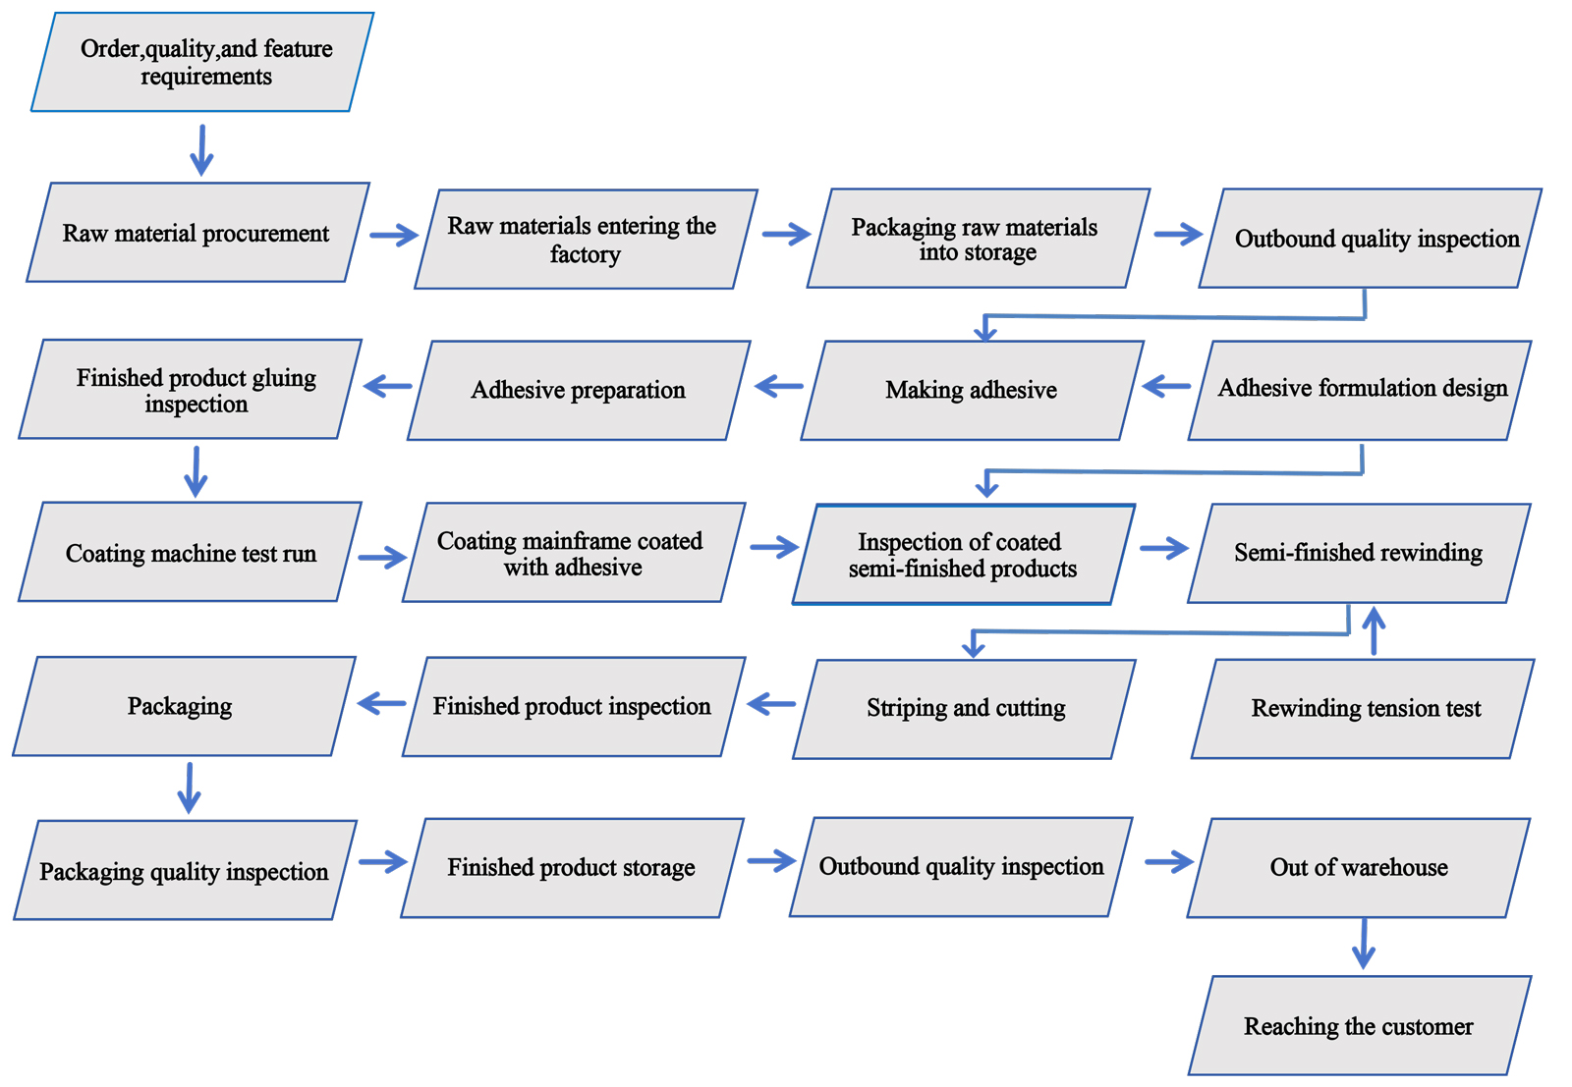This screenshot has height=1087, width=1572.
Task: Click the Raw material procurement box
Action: [196, 233]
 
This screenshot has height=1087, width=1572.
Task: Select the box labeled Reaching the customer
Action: [1359, 1026]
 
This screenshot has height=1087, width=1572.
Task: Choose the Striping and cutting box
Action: [965, 708]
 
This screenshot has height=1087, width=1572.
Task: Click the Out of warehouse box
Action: [1359, 867]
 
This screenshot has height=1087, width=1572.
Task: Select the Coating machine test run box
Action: [191, 553]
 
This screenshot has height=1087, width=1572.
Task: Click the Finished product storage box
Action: [572, 867]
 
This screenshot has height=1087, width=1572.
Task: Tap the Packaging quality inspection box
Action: [185, 871]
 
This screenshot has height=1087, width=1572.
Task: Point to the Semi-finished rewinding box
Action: [1359, 553]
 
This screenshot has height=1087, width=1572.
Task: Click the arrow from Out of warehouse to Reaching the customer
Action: [1363, 945]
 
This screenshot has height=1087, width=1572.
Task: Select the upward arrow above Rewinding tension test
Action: [1374, 630]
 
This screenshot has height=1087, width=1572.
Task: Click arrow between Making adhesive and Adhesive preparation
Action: [778, 386]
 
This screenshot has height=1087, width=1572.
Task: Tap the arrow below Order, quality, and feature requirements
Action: [201, 149]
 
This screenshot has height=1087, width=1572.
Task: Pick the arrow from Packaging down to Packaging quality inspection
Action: [189, 788]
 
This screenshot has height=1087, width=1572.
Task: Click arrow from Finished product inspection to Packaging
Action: [381, 703]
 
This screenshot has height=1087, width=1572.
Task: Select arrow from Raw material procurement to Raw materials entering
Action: [393, 235]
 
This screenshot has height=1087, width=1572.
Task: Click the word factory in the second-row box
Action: [585, 255]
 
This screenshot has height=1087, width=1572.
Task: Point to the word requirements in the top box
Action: [205, 77]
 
